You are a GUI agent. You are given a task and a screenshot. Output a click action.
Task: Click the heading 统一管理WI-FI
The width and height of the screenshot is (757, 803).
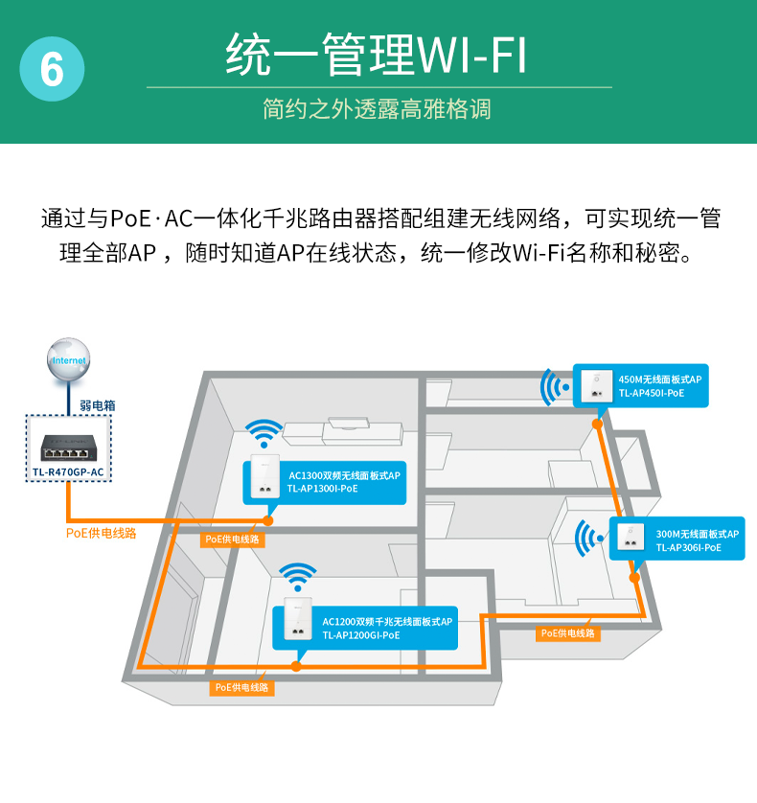(x=377, y=56)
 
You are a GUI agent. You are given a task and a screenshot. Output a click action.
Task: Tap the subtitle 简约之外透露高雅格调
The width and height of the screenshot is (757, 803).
(x=377, y=108)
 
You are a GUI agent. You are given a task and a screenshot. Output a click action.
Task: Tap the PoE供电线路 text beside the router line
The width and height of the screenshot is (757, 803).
(x=101, y=533)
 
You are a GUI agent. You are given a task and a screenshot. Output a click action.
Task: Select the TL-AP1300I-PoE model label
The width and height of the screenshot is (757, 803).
(x=322, y=489)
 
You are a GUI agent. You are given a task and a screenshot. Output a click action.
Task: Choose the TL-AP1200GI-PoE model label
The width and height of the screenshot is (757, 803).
(x=360, y=634)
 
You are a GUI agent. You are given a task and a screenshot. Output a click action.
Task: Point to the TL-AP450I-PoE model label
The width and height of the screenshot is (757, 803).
(x=652, y=393)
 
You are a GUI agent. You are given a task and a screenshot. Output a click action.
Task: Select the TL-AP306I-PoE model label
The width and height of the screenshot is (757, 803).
(x=688, y=548)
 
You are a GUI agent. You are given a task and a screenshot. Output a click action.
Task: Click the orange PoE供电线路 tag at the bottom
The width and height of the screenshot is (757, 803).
(x=241, y=687)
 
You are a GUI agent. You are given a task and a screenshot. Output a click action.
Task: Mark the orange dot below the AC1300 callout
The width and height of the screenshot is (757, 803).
(x=268, y=520)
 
